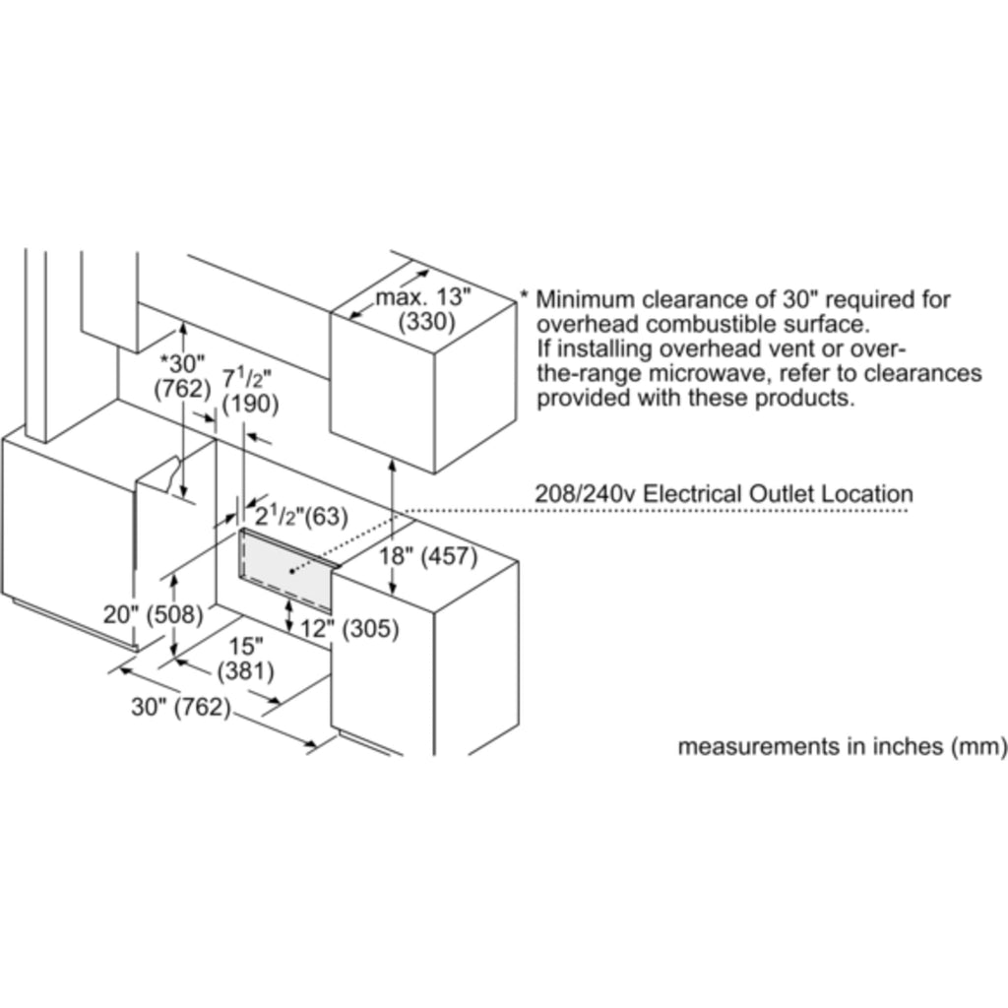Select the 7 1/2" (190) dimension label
click(x=250, y=390)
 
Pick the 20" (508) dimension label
click(x=154, y=615)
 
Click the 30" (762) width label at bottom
click(x=181, y=707)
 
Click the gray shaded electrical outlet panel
click(x=288, y=568)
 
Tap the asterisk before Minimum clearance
click(x=526, y=296)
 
